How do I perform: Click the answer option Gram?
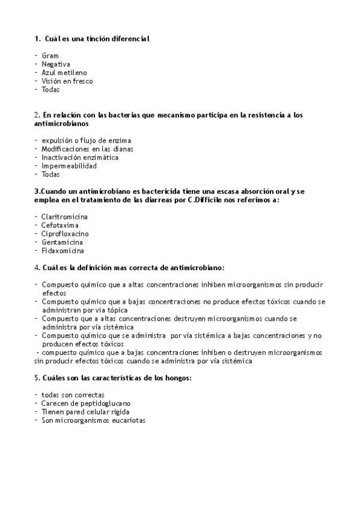click(x=50, y=55)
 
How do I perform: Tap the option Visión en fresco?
click(x=67, y=81)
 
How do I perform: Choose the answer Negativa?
click(x=56, y=64)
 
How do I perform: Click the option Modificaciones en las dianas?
click(x=87, y=149)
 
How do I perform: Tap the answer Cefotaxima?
click(x=59, y=225)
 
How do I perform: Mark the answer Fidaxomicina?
click(x=63, y=250)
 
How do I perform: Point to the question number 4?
click(x=37, y=267)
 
